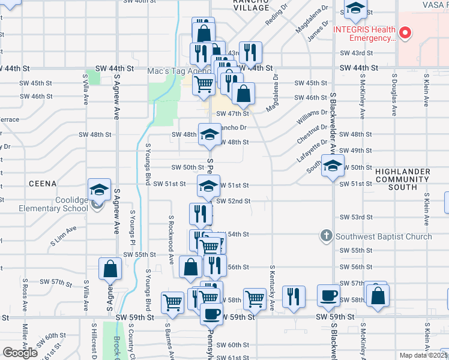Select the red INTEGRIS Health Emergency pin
405,32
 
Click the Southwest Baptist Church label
384,236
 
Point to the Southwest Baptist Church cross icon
326,236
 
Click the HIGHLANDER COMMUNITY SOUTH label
402,179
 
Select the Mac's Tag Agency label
172,71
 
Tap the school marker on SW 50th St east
331,166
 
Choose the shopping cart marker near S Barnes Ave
172,302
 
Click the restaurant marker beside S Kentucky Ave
294,296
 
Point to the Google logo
21,353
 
